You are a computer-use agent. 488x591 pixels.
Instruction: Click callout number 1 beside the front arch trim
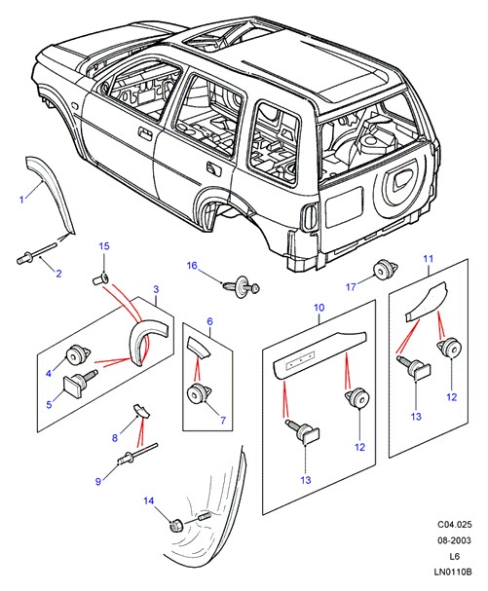coord(21,199)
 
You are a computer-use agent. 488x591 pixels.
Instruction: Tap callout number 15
coord(104,246)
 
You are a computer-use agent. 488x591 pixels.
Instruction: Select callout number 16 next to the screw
coord(192,266)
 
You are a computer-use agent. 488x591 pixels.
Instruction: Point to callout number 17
coord(351,287)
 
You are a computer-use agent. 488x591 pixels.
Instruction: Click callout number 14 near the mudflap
coord(149,500)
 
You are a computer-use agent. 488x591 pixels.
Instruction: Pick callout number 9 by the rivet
coord(98,481)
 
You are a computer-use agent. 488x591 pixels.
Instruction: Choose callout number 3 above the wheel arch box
coord(156,289)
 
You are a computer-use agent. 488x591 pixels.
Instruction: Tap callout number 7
coord(223,420)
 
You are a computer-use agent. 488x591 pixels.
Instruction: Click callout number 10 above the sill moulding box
coord(319,308)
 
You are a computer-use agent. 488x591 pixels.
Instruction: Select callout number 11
coord(429,259)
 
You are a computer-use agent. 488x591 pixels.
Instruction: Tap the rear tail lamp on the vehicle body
coord(309,218)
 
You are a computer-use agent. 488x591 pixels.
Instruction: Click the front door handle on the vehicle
coord(145,132)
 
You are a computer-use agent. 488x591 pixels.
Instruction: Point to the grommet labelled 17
coord(386,270)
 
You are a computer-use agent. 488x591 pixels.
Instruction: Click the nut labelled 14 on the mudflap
coord(176,525)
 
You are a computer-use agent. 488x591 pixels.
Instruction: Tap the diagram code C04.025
coord(455,524)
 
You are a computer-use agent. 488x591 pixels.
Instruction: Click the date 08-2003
coord(455,540)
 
